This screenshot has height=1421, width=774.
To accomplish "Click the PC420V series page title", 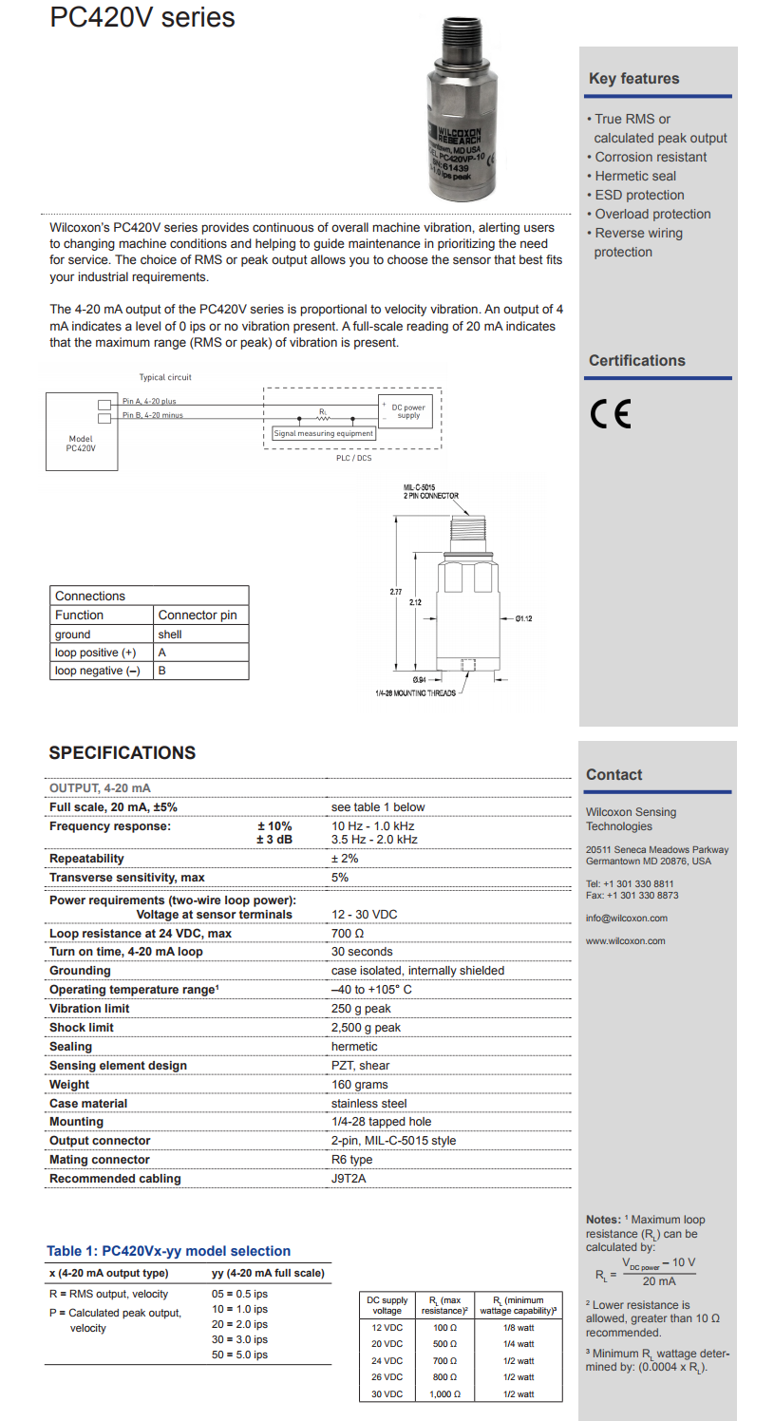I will [142, 18].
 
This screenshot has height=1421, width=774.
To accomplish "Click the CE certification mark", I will [610, 414].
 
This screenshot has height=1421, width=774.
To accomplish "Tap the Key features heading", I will [633, 79].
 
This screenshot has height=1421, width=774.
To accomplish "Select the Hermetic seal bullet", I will [635, 176].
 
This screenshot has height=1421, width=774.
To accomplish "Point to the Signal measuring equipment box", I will [324, 433].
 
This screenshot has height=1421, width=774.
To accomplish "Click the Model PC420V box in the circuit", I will [82, 432].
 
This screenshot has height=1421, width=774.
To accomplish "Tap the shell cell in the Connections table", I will [170, 635].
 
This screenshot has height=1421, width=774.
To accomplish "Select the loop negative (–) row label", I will [97, 671].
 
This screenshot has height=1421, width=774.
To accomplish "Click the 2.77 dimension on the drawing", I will [395, 592].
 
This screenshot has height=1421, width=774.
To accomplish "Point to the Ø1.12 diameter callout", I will [523, 618].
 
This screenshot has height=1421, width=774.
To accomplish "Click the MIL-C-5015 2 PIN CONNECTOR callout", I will [430, 491].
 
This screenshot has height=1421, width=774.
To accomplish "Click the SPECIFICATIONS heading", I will [123, 753].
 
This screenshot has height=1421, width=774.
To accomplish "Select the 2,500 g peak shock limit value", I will [366, 1028].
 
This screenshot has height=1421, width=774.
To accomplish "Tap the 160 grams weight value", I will [359, 1085].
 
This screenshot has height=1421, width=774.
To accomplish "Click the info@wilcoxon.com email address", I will [626, 919].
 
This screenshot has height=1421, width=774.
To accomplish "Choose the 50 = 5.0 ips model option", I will [239, 1355].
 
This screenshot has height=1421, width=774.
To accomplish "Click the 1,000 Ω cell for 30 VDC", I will [443, 1394].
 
